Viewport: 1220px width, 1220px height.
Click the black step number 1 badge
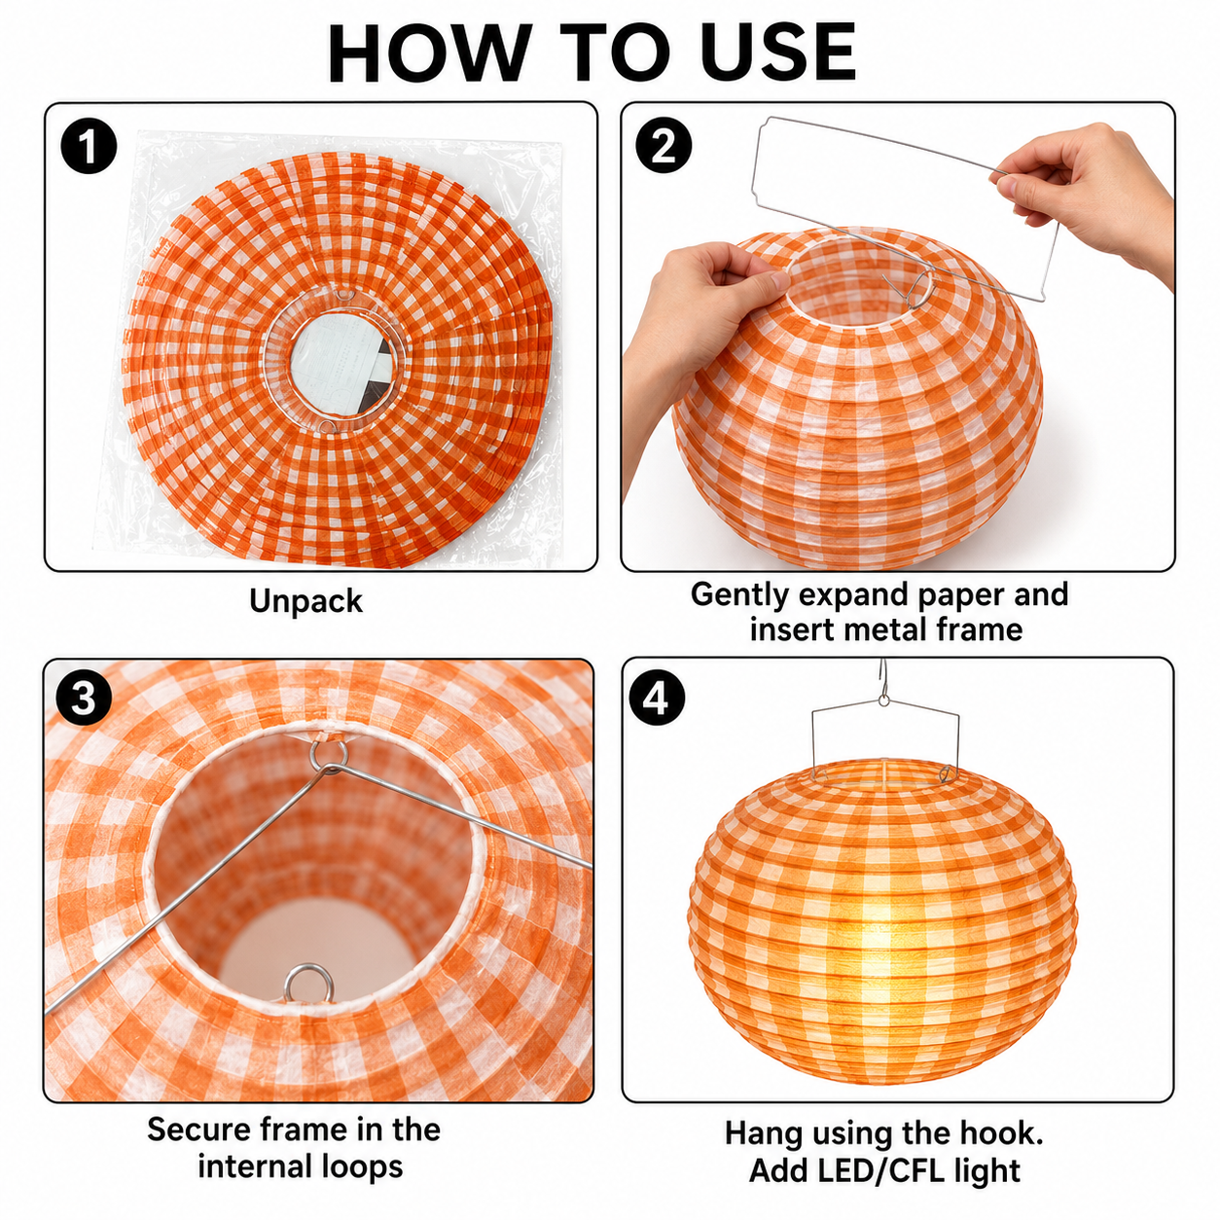[89, 147]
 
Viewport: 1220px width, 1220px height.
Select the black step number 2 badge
[663, 147]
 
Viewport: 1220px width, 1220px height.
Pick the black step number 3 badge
[84, 699]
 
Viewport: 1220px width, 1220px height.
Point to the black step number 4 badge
[657, 699]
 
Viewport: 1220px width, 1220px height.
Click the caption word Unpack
[305, 601]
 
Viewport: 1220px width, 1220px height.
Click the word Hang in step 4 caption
[762, 1133]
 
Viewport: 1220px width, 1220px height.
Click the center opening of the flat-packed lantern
[342, 363]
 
